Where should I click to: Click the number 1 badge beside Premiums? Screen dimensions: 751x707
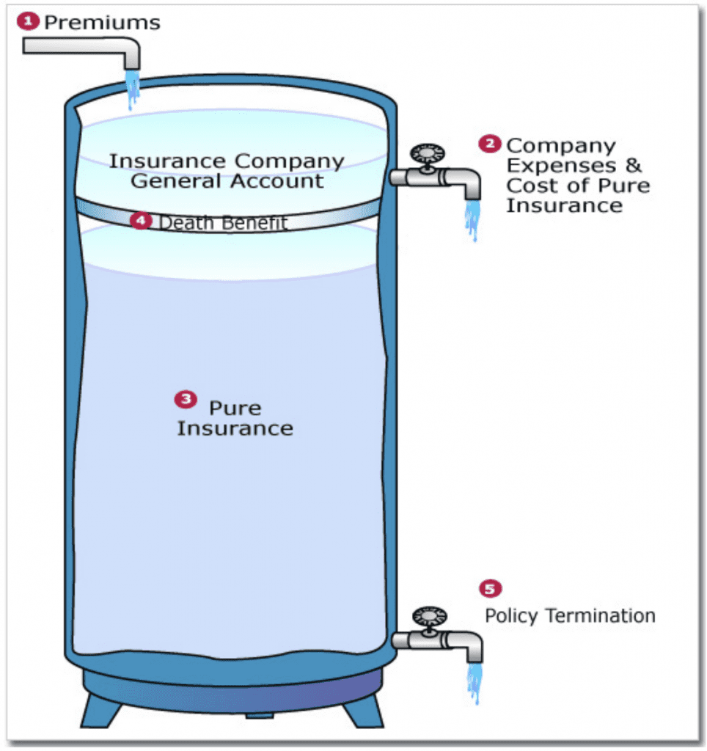[29, 21]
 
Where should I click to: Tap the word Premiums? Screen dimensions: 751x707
[101, 22]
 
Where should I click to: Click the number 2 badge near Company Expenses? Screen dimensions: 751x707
[489, 144]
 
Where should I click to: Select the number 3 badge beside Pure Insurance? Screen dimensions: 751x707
[185, 399]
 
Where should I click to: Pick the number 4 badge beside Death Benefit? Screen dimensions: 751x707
[141, 220]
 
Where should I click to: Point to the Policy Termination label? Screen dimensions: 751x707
[570, 615]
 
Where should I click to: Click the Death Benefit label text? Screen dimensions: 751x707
[223, 222]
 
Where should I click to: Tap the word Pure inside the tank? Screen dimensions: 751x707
[235, 408]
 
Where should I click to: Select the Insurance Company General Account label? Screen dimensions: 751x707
[227, 170]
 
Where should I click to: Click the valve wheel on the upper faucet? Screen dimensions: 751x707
[427, 154]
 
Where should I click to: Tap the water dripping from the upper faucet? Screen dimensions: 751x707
[472, 220]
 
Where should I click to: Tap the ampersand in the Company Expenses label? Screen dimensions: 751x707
[634, 166]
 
